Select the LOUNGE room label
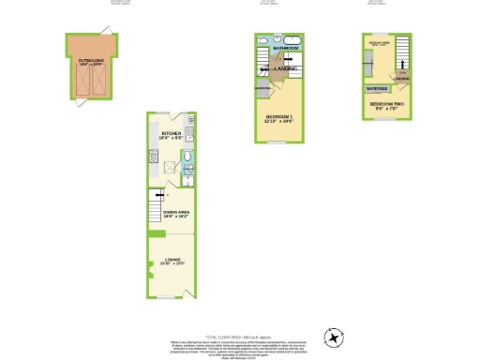171,262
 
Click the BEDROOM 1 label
277,118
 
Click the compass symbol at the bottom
333,337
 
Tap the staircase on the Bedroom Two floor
403,53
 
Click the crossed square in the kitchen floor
169,167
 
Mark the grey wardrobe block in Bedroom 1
262,88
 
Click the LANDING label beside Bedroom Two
402,80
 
